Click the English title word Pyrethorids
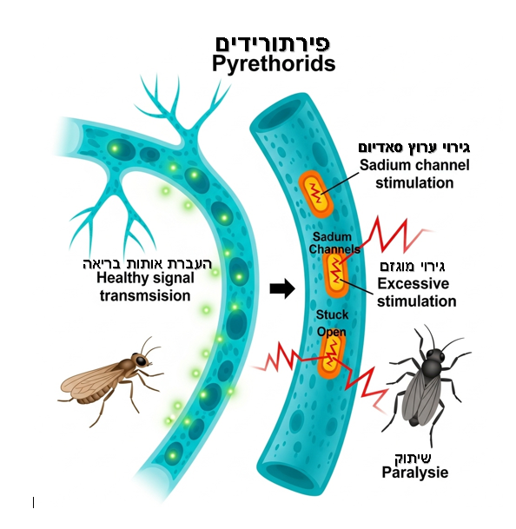click(274, 63)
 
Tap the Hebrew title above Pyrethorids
click(273, 43)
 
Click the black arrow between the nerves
click(282, 288)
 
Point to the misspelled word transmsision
click(145, 296)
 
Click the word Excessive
click(413, 284)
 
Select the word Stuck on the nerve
click(332, 314)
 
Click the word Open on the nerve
click(331, 332)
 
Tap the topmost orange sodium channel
click(316, 194)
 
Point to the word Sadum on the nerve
click(332, 237)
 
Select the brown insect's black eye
click(142, 361)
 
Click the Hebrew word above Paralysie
click(413, 458)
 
